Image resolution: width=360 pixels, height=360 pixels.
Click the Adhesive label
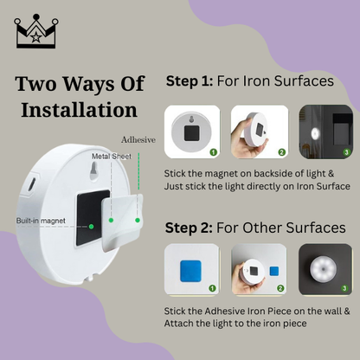tap(138, 138)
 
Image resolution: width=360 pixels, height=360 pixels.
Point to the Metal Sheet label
tap(110, 157)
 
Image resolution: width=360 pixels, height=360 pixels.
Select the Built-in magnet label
tap(40, 221)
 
